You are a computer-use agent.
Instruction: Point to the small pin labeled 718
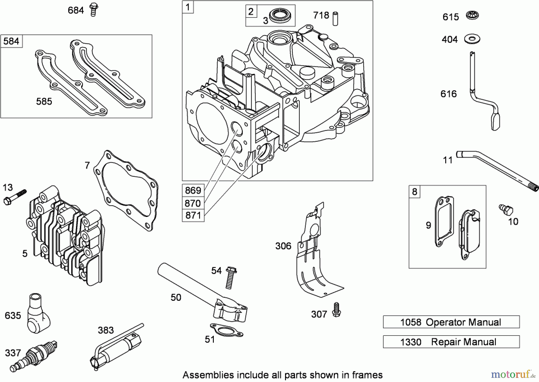coord(335,18)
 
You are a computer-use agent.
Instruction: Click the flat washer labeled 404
coord(472,39)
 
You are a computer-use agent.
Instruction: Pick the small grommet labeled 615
coord(473,15)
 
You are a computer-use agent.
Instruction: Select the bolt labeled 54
coord(230,277)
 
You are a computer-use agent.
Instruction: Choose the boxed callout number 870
coord(193,203)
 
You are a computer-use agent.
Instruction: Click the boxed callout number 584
coord(11,41)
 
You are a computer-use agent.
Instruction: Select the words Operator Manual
coord(463,322)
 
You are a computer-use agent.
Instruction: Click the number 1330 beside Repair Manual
coord(411,342)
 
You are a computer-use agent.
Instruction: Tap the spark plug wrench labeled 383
coord(117,348)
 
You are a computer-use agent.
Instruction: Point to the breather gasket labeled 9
coord(444,222)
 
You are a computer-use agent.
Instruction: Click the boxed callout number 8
coord(414,192)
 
